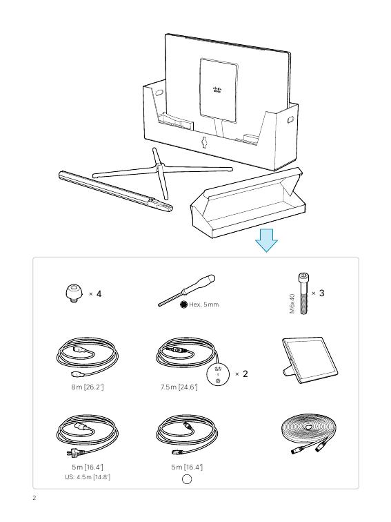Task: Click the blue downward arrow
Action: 266,240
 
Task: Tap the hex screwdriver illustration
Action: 186,290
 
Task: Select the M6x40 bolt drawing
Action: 303,293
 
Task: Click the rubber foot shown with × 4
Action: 74,293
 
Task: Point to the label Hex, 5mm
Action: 204,304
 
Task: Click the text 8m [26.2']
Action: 88,387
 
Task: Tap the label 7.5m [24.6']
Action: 179,387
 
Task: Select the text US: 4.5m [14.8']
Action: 88,476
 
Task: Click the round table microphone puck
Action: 218,374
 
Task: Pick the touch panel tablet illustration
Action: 310,360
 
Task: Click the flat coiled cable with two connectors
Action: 308,434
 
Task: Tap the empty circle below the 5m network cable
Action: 187,479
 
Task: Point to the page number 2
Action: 34,498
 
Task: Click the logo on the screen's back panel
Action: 217,90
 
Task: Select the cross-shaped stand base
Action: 162,171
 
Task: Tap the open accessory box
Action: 248,203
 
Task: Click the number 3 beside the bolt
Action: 321,293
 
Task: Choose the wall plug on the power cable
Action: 74,452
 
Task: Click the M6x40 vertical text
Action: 292,303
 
